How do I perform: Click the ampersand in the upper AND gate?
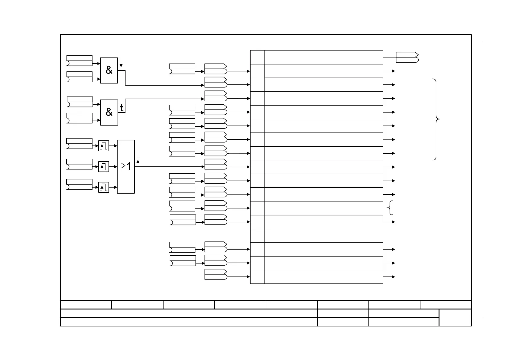(109, 70)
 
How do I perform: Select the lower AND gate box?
(109, 112)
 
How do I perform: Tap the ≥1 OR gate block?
(126, 166)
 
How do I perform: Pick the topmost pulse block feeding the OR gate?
(104, 146)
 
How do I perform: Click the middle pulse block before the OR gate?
(104, 167)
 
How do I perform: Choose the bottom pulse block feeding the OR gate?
(104, 187)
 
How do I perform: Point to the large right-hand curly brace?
(436, 119)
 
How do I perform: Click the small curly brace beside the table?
(390, 208)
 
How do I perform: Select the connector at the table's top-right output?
(407, 57)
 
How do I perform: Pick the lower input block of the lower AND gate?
(79, 118)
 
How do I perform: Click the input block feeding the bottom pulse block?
(79, 185)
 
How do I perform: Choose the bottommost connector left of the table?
(216, 274)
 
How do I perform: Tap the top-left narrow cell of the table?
(258, 57)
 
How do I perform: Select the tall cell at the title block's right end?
(455, 317)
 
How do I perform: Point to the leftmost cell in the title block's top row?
(86, 304)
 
